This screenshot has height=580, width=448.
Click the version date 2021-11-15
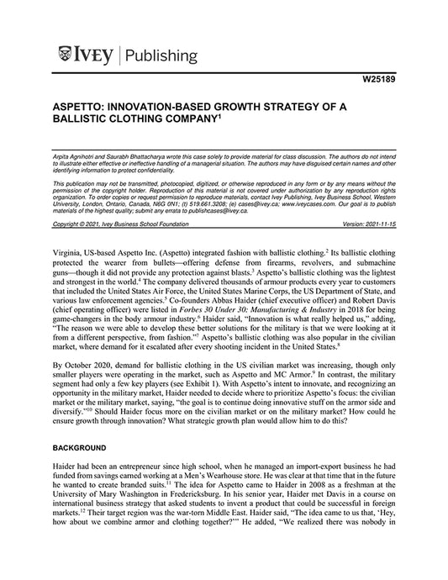click(376, 225)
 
